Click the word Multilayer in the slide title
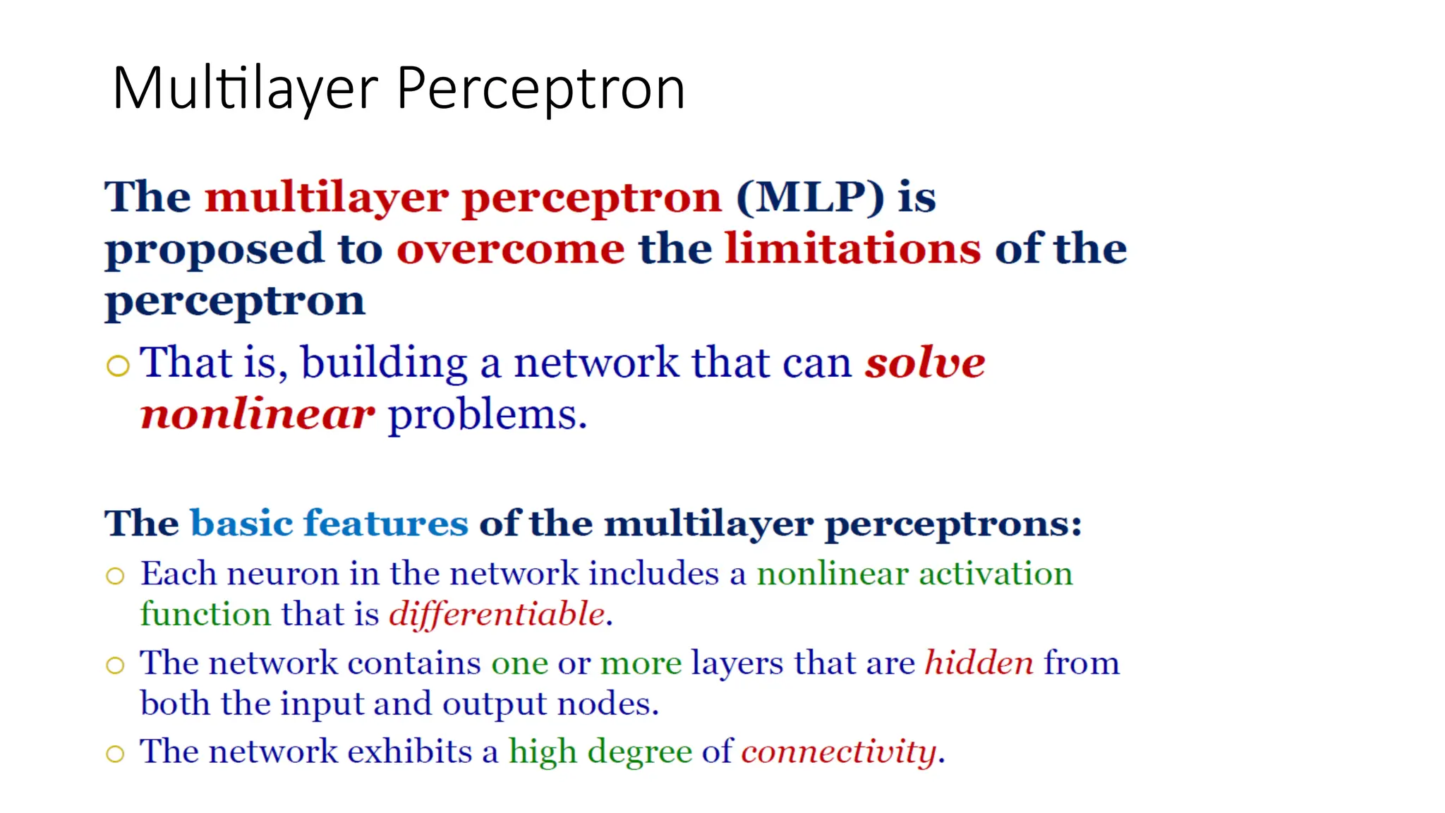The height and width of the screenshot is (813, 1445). tap(246, 89)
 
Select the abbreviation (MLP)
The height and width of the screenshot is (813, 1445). tap(809, 197)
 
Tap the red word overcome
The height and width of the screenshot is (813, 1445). tap(510, 249)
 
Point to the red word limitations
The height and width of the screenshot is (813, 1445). tap(852, 249)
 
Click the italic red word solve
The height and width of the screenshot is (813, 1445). tap(925, 363)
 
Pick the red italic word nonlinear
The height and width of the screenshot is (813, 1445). tap(257, 414)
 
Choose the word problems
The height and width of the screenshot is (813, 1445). tap(488, 416)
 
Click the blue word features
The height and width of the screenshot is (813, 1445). tap(386, 524)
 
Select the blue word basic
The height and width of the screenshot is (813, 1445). tap(241, 524)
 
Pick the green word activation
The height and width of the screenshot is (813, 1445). tap(995, 573)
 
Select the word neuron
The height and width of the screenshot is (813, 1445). tap(283, 574)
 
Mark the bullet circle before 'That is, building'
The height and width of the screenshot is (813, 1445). tap(118, 366)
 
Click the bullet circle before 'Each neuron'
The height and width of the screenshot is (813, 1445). tap(115, 576)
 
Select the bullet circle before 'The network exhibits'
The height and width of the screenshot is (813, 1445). tap(115, 754)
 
